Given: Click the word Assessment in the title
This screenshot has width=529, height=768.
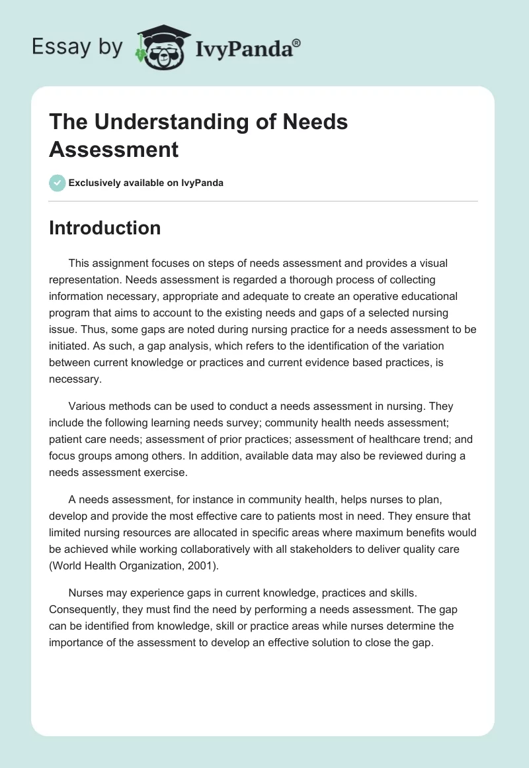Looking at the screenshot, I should coord(114,149).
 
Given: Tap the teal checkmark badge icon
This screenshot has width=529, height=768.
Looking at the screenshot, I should coord(57,183).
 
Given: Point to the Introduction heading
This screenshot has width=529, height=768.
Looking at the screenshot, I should coord(104,228).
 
